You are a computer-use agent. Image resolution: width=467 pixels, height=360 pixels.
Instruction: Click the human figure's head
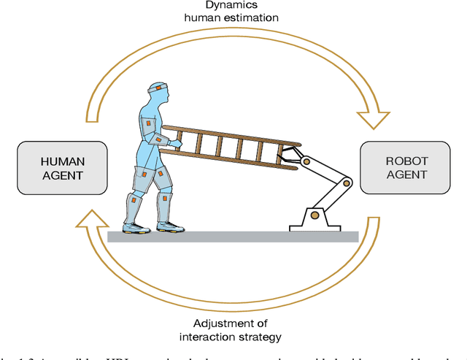click(157, 94)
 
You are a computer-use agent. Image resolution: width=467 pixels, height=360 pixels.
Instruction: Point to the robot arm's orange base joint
click(314, 215)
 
